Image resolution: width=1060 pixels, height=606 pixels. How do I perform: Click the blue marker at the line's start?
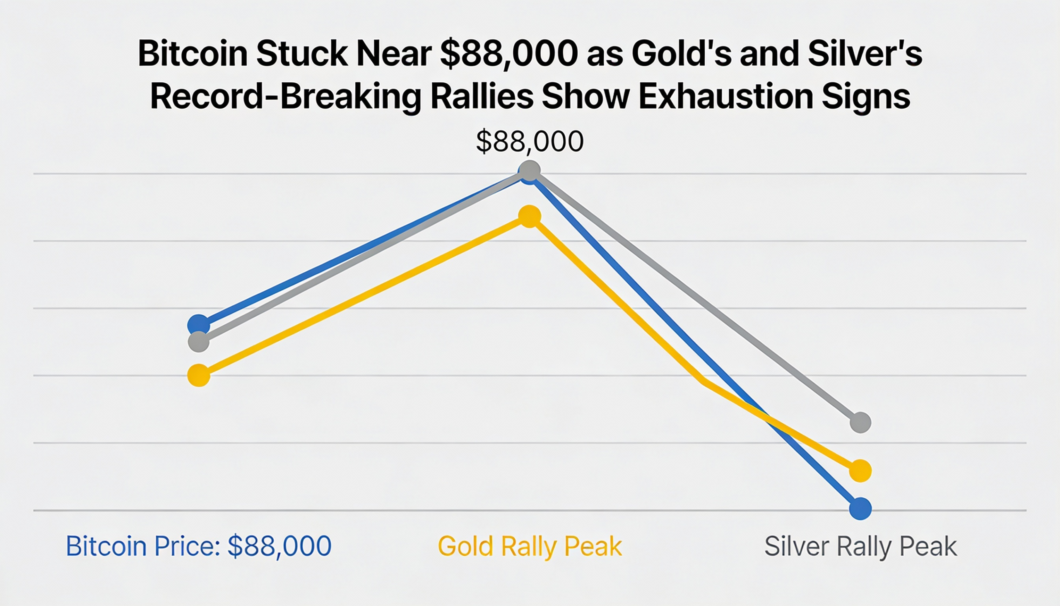(198, 324)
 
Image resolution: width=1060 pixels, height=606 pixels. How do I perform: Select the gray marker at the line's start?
(198, 342)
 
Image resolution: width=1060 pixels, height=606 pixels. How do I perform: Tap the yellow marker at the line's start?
(199, 375)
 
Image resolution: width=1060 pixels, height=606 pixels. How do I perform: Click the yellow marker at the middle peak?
(530, 216)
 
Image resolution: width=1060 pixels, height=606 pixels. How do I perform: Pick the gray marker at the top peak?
(530, 170)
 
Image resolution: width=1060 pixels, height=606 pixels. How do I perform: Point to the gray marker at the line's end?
(860, 423)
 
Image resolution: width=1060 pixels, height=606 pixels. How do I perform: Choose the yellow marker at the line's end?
(860, 471)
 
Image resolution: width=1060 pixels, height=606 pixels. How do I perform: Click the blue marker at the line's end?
(860, 509)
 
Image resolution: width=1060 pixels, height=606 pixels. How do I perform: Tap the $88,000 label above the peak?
(530, 142)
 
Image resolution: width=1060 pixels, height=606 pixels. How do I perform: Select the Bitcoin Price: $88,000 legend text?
(198, 546)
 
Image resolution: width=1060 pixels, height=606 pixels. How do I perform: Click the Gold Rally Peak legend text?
(530, 546)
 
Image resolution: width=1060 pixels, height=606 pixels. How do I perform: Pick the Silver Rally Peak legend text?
(860, 546)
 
